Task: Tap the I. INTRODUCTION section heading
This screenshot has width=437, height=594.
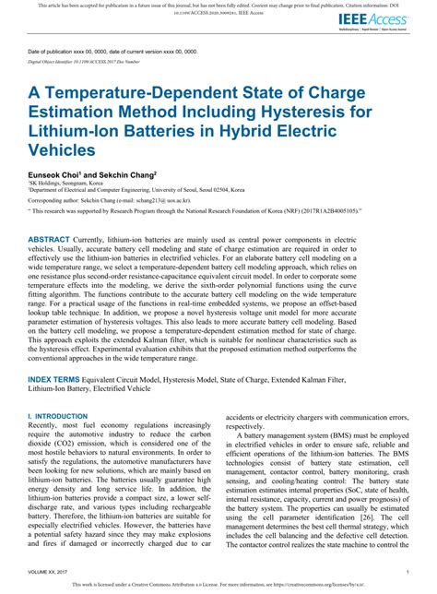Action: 56,417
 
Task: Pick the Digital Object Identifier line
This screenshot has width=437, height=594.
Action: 89,61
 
